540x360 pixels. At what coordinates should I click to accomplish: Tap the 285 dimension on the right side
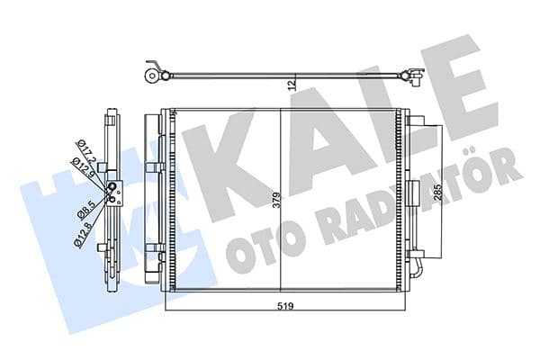tap(438, 193)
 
